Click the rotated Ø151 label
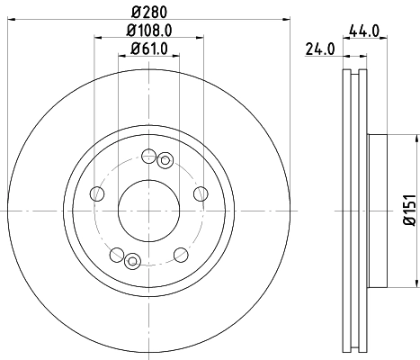coord(406,208)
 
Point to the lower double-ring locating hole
coord(132,260)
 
